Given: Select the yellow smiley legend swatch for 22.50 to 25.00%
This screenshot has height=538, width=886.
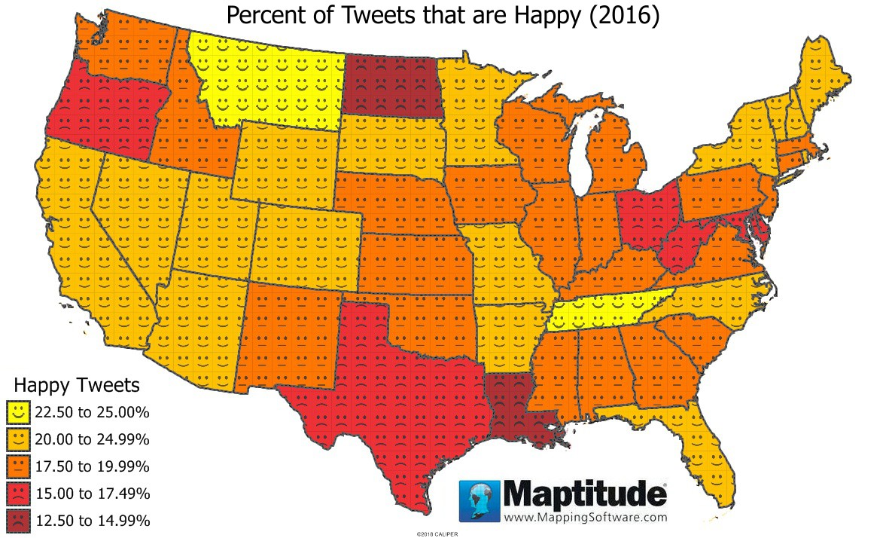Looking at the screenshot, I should [x=18, y=411].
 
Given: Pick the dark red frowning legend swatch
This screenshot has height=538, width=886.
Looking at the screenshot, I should [x=18, y=520].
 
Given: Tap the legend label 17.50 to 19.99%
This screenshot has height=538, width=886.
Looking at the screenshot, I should [x=92, y=466].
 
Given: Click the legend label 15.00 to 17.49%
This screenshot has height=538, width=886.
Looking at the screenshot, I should [x=92, y=494].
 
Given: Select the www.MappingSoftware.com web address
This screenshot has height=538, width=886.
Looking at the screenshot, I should [x=585, y=518].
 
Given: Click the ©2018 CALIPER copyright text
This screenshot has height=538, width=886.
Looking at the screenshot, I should [x=437, y=533].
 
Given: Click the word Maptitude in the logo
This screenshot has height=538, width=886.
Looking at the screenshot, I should [x=584, y=494].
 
